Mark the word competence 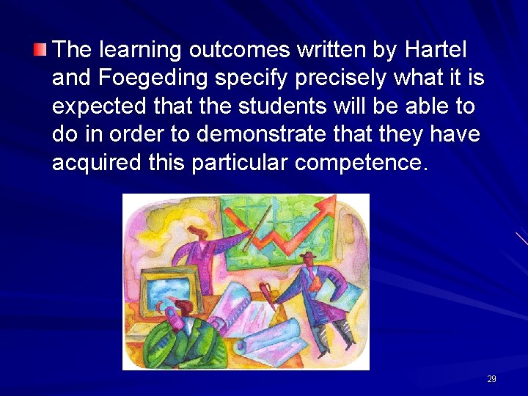pos(359,163)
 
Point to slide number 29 pos(491,379)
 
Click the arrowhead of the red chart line pos(329,202)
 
